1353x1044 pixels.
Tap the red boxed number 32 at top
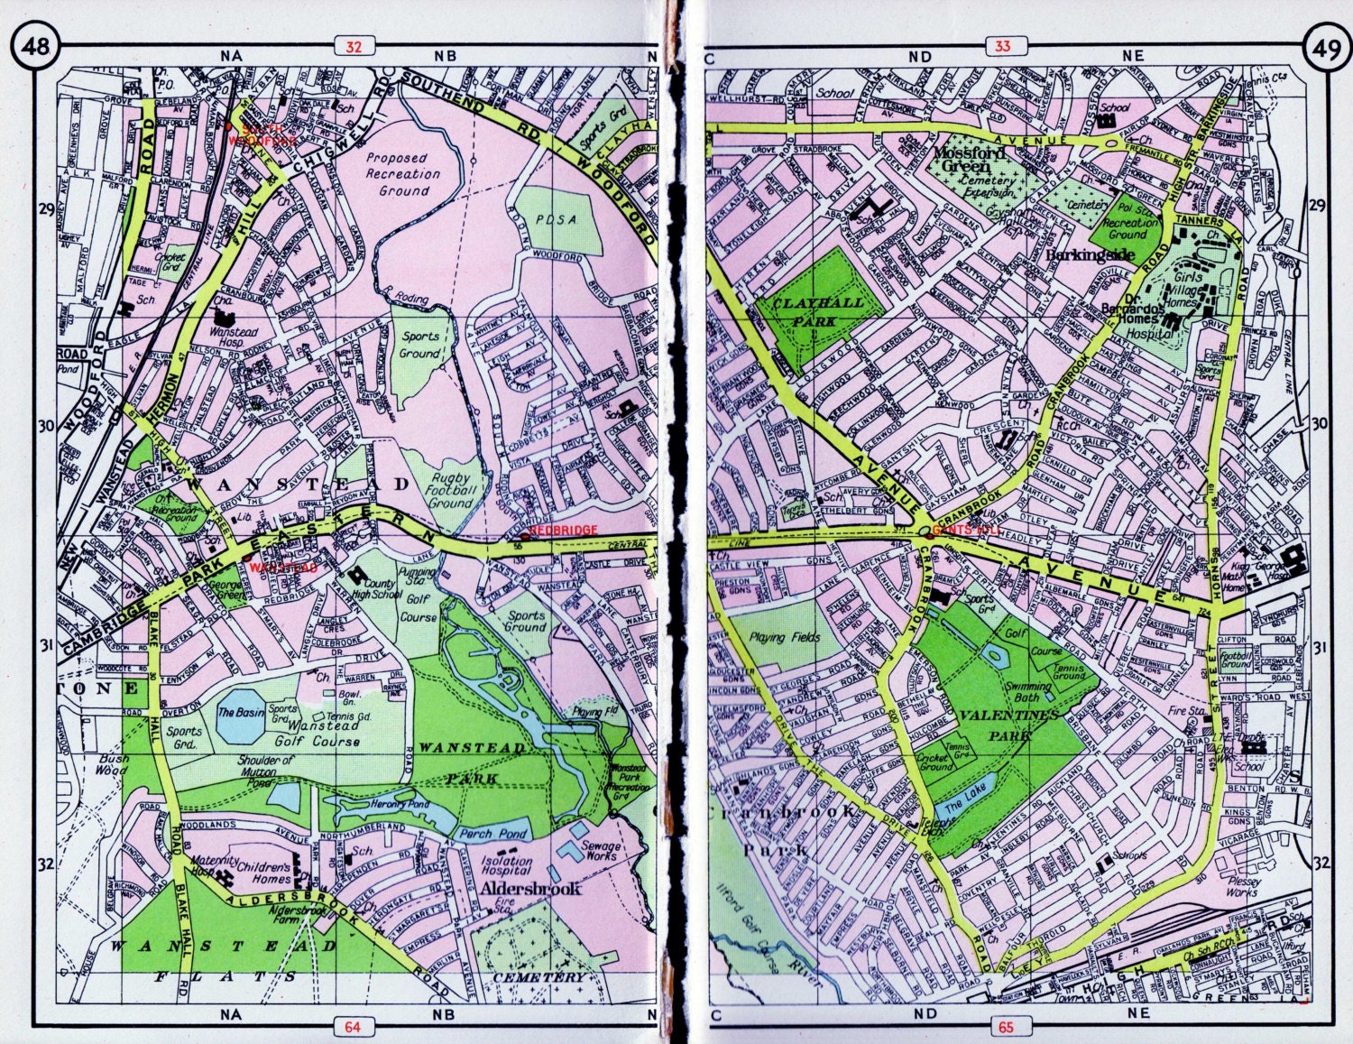pyautogui.click(x=353, y=48)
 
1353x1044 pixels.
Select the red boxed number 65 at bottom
pyautogui.click(x=1004, y=1025)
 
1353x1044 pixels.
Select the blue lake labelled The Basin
pyautogui.click(x=239, y=713)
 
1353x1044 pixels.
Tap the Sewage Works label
pyautogui.click(x=599, y=852)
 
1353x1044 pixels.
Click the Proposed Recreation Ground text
pyautogui.click(x=398, y=174)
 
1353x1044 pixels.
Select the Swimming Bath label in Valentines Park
pyautogui.click(x=1029, y=692)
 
